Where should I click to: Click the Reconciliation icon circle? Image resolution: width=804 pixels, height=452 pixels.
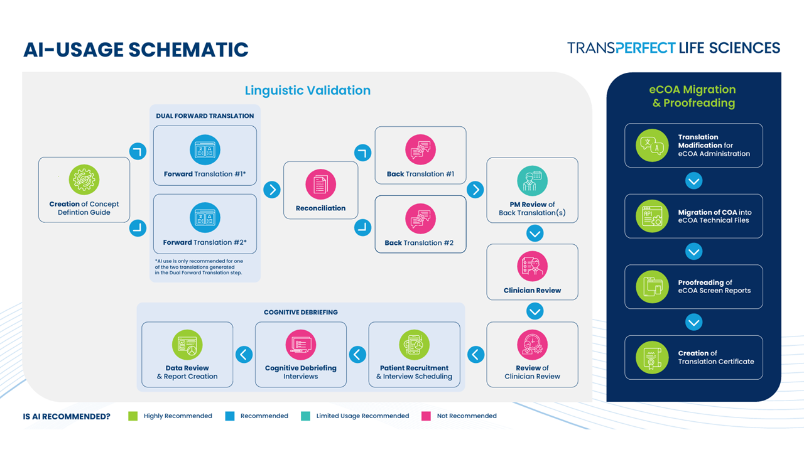(320, 185)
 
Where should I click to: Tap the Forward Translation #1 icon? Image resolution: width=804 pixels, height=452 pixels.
(205, 150)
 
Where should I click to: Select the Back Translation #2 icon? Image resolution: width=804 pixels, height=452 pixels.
(420, 219)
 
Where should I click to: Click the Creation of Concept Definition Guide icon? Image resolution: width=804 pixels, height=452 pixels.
(84, 180)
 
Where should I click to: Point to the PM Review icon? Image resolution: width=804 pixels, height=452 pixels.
(532, 181)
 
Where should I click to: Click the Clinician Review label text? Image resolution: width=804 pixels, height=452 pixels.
(532, 291)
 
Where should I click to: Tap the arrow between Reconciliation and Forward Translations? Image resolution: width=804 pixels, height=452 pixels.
(272, 190)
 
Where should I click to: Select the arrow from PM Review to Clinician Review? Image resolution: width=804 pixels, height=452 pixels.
(535, 234)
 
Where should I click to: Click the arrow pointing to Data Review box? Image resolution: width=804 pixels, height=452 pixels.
(244, 355)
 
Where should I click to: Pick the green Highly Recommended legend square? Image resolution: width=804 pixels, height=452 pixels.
(133, 416)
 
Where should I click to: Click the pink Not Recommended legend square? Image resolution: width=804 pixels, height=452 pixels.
(426, 416)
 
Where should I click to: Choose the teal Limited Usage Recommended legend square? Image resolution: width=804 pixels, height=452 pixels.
(305, 416)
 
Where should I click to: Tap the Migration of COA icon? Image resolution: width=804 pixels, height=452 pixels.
(652, 217)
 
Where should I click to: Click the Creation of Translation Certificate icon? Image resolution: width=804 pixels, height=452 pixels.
(652, 358)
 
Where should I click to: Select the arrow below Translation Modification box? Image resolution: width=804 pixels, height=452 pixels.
(694, 181)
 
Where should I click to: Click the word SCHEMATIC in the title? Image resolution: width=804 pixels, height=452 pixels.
(188, 50)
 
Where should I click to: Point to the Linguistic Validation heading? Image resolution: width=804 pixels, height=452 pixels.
(308, 90)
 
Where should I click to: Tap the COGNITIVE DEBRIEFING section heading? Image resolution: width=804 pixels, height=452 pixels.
(301, 313)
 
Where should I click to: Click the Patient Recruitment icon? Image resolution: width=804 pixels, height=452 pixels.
(414, 345)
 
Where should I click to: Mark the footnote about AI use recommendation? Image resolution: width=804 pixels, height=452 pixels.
(199, 267)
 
